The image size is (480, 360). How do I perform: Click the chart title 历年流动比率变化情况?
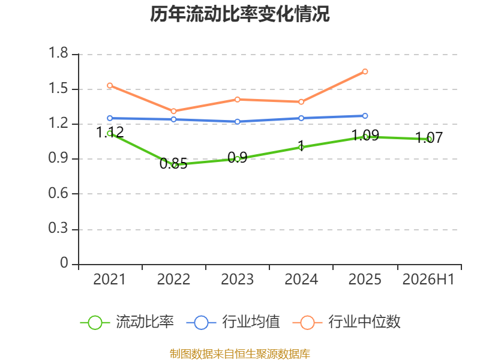click(x=239, y=14)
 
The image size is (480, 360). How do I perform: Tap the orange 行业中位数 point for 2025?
click(x=365, y=71)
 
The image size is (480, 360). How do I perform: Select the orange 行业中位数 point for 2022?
click(x=173, y=111)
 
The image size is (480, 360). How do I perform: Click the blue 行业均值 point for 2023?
click(x=237, y=122)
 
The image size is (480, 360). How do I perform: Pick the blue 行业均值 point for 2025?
click(x=365, y=116)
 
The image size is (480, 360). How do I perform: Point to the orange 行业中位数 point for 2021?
click(x=110, y=85)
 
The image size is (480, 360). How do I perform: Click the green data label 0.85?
click(x=173, y=163)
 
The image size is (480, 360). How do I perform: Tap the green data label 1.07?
click(x=429, y=138)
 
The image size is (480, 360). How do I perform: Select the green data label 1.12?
click(x=110, y=132)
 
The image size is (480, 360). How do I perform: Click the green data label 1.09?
click(x=365, y=135)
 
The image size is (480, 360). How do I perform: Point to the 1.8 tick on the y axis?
click(x=58, y=53)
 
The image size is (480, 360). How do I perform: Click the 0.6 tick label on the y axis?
click(x=58, y=193)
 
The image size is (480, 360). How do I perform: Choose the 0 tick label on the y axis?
click(x=64, y=263)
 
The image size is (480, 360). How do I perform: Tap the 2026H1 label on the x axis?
click(x=428, y=279)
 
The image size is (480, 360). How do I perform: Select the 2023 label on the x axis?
click(x=237, y=279)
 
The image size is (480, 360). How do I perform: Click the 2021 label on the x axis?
click(x=110, y=279)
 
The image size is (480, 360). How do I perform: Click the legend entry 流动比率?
click(x=127, y=322)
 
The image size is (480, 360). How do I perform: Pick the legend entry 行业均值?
click(x=233, y=322)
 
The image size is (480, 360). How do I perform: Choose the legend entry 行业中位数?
click(x=347, y=322)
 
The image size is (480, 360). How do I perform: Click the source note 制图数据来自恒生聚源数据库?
click(x=239, y=354)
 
